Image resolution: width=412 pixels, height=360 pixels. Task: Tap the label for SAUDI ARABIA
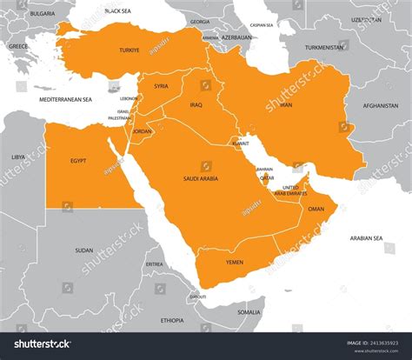coord(200,178)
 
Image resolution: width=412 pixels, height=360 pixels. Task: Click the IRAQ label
coord(196,104)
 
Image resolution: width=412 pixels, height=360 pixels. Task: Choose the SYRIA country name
coord(161,86)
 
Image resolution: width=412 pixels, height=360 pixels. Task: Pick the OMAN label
coord(316,209)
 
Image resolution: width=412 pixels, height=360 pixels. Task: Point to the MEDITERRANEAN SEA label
coord(65,100)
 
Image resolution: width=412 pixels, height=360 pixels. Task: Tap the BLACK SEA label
coord(117,10)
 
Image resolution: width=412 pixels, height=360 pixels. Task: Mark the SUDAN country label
coord(83,250)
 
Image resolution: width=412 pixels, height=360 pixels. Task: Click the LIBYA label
coord(18,157)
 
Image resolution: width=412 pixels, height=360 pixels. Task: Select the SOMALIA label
coord(249,311)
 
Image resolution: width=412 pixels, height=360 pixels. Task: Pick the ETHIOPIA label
coord(172,320)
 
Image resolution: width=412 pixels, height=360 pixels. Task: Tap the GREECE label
coord(17,46)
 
